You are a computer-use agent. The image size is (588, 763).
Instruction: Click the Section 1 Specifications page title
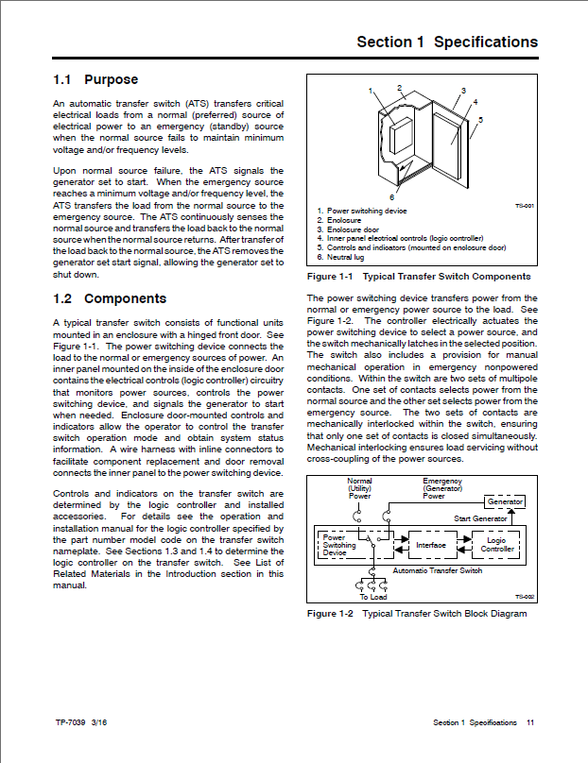[x=447, y=42]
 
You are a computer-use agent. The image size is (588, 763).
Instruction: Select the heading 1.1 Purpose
[x=95, y=80]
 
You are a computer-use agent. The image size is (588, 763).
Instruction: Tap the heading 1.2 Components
[x=110, y=299]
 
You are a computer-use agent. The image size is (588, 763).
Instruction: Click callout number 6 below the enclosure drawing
[x=390, y=196]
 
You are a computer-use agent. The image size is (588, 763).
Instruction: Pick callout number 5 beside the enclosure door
[x=481, y=120]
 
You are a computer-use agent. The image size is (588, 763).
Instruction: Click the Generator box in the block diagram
[x=505, y=501]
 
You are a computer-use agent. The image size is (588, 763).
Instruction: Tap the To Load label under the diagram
[x=372, y=597]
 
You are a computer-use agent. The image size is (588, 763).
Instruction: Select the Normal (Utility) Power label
[x=360, y=487]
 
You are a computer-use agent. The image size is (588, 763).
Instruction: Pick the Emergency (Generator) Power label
[x=441, y=487]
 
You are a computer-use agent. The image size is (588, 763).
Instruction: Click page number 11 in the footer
[x=530, y=722]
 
